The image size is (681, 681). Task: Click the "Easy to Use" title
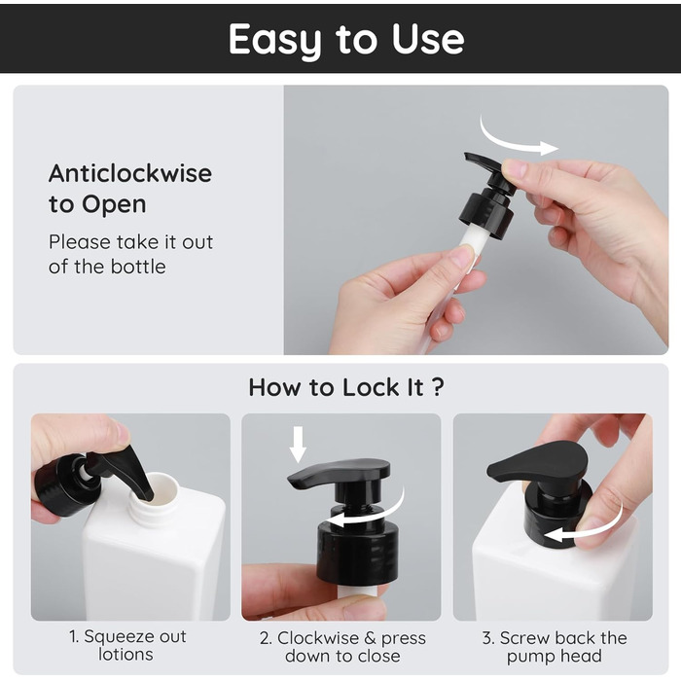point(346,39)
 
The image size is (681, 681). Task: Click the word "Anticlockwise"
point(130,173)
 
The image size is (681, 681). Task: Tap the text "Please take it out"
point(130,242)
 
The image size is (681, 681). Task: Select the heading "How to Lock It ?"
point(346,387)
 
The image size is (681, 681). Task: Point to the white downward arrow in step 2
point(298,444)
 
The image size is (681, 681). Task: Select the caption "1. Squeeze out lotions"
point(127,645)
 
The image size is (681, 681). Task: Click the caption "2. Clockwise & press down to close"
point(342,647)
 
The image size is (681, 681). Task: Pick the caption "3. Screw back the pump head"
point(555,647)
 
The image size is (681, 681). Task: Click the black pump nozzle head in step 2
point(340,471)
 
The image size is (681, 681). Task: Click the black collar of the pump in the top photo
point(486,215)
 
